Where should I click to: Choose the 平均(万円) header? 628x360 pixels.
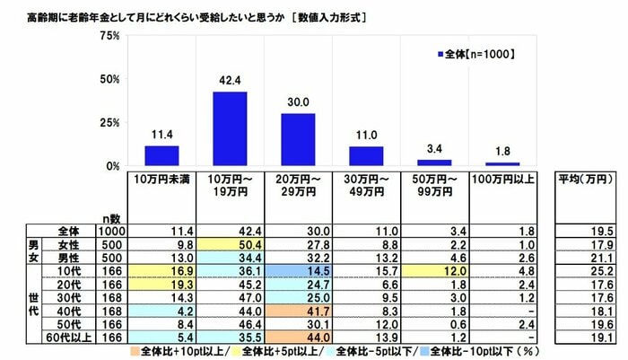click(583, 180)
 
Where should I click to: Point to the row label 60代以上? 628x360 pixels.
click(66, 337)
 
